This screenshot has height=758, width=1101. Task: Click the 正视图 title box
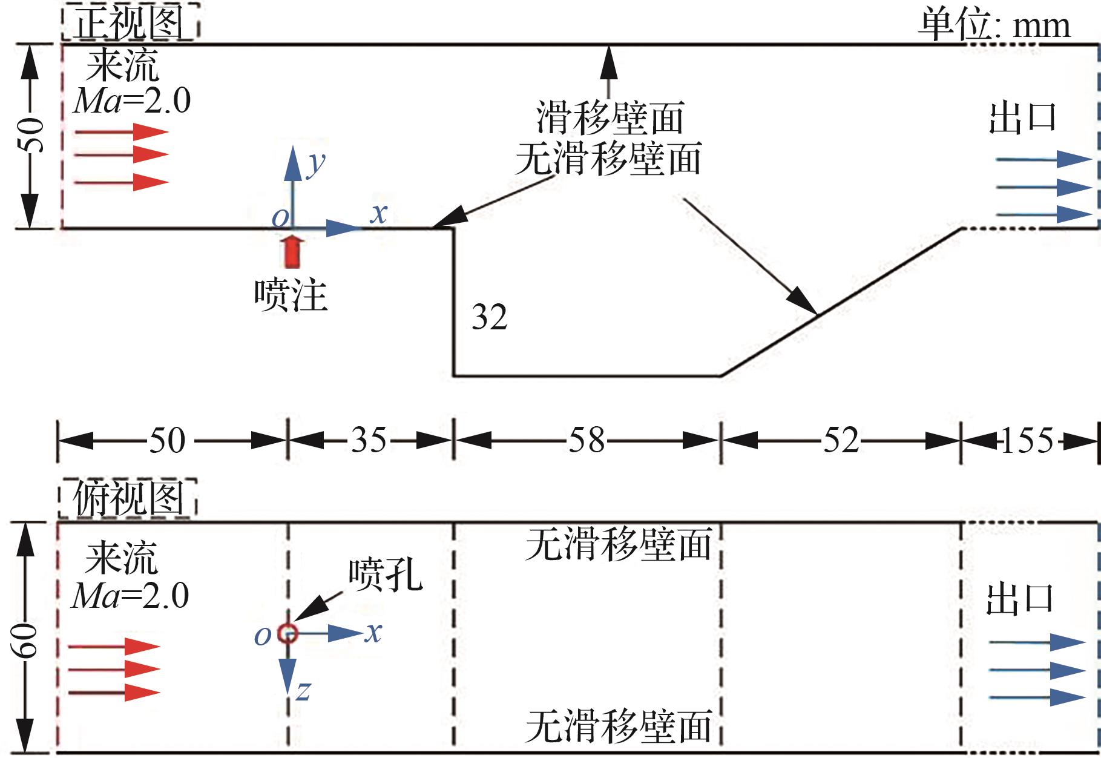tap(130, 23)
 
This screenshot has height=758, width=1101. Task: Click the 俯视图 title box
tap(128, 499)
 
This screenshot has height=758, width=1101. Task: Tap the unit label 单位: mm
tap(993, 25)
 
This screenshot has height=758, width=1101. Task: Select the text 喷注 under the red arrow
tap(291, 295)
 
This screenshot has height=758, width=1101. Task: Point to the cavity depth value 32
tap(489, 317)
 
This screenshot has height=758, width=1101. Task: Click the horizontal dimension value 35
tap(369, 440)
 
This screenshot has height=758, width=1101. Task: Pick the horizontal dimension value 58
tap(587, 440)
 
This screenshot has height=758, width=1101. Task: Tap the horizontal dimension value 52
tap(841, 440)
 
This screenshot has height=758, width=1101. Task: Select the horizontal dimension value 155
tap(1028, 440)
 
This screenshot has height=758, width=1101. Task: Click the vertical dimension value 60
tap(28, 639)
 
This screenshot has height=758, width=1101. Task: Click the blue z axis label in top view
tap(303, 690)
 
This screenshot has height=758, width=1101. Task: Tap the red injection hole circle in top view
tap(288, 633)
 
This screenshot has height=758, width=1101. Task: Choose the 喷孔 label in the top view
tap(385, 573)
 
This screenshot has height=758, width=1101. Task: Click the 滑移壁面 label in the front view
tap(610, 117)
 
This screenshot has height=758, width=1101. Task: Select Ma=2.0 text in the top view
tap(131, 596)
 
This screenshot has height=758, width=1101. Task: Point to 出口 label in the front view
tap(1022, 117)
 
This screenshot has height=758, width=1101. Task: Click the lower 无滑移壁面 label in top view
tap(618, 726)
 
